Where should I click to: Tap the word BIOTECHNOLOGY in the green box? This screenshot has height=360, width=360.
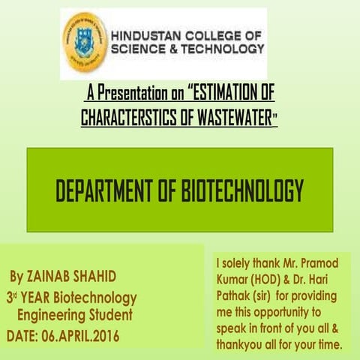tap(241, 192)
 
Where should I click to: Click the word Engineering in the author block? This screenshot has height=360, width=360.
tap(53, 315)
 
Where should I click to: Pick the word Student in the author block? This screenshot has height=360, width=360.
tap(112, 315)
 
